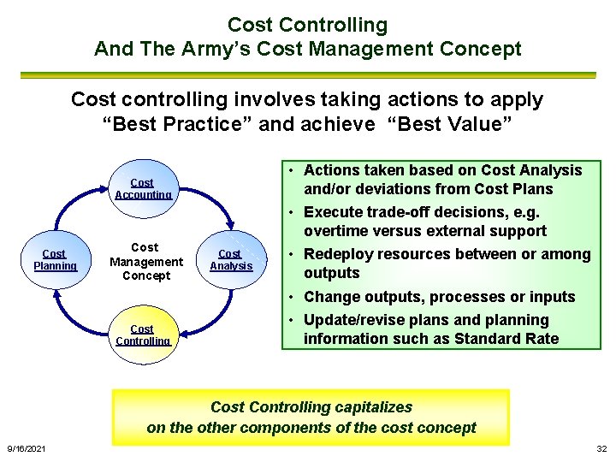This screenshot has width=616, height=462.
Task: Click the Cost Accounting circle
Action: click(143, 187)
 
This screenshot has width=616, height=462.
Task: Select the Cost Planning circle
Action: click(55, 258)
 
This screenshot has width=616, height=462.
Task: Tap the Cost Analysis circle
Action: click(231, 258)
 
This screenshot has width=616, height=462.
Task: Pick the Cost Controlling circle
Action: click(143, 334)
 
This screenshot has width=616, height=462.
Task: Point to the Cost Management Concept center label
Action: click(145, 261)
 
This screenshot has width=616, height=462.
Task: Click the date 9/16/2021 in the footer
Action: click(27, 449)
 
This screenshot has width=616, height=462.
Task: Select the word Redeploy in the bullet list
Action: click(342, 254)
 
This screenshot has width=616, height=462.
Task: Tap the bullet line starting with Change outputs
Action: click(439, 297)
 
